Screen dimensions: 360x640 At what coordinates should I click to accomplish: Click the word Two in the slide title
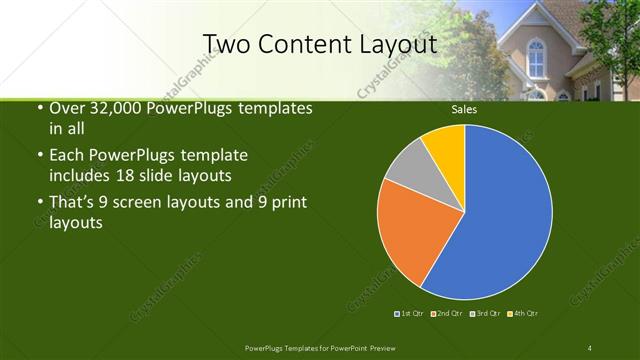pos(226,44)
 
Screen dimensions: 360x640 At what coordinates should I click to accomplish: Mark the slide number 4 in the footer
pos(590,347)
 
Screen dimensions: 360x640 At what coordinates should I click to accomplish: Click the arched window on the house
pos(536,59)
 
